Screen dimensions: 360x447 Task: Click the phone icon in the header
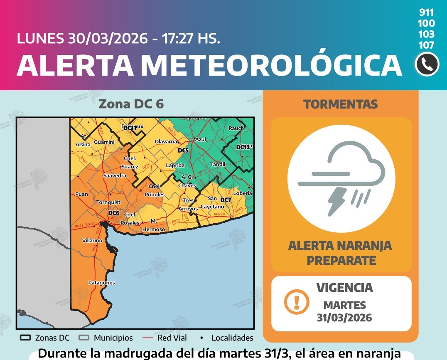click(x=427, y=64)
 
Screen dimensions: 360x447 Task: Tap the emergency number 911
click(x=427, y=12)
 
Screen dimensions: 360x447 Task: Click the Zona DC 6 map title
click(x=131, y=104)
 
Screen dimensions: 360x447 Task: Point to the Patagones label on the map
click(x=101, y=283)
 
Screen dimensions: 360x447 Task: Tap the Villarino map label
click(x=92, y=241)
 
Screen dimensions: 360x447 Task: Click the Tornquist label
click(x=108, y=202)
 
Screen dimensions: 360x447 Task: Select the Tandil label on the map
click(x=217, y=164)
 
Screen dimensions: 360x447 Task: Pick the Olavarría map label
click(x=166, y=142)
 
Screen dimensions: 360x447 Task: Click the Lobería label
click(x=243, y=193)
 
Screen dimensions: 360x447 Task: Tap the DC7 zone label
click(x=226, y=200)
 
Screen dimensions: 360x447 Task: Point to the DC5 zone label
click(x=183, y=150)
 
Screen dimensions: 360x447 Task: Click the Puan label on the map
click(x=81, y=194)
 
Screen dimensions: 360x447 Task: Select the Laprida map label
click(x=175, y=165)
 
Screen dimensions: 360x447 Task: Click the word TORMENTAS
click(x=341, y=104)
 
